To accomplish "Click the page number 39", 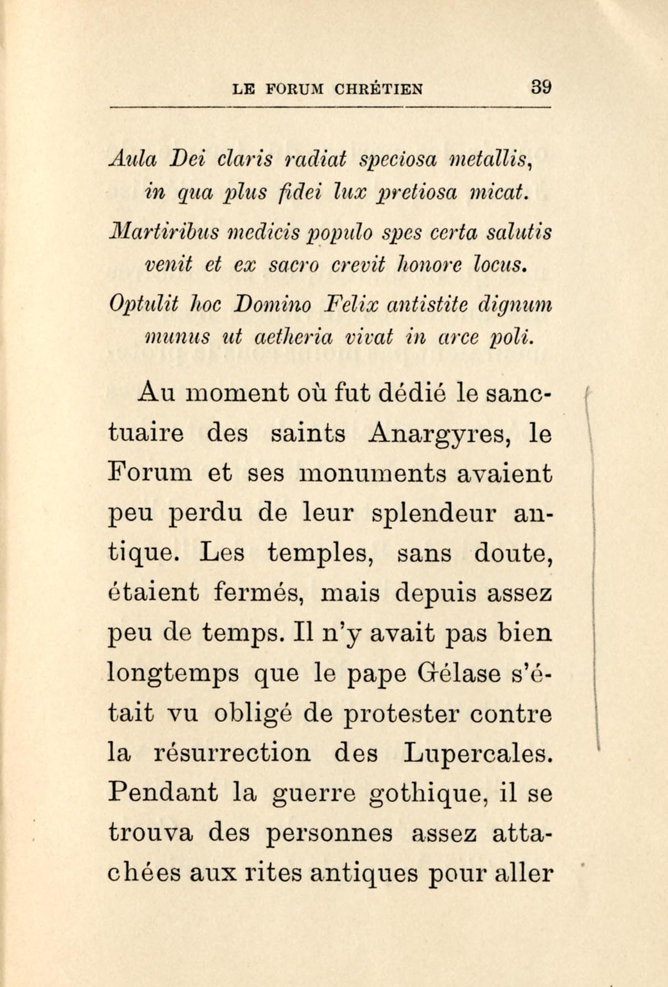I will (540, 87).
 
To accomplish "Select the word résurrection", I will (232, 753).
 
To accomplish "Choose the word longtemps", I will (174, 674).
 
